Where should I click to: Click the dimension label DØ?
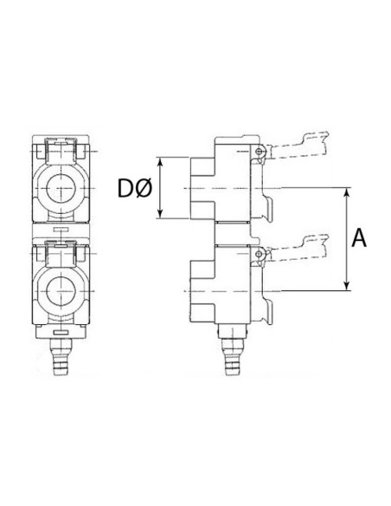point(134,189)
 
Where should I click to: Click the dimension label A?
point(359,237)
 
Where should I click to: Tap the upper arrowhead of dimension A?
point(347,192)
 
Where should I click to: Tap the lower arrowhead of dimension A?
point(347,286)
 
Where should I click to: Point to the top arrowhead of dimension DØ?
point(160,162)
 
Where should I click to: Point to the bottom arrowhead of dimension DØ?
point(160,214)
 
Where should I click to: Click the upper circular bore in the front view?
point(61,188)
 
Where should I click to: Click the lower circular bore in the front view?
point(61,291)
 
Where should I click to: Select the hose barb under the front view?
point(61,357)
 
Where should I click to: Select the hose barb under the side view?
point(232,357)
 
